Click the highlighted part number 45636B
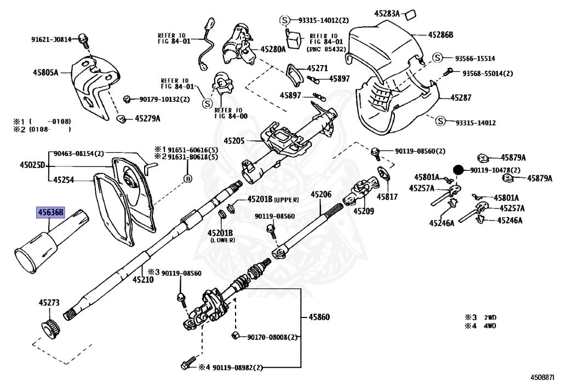(x=50, y=212)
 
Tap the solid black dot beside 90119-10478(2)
(x=458, y=170)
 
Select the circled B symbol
(x=187, y=178)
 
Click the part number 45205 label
(x=234, y=141)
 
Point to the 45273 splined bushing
(x=50, y=327)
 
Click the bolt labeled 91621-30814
(x=84, y=39)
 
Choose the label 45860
(x=319, y=317)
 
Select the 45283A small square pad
(x=410, y=15)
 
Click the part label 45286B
(x=440, y=34)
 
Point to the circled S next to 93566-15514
(x=438, y=57)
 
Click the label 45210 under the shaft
(x=143, y=280)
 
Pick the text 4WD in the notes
(x=490, y=326)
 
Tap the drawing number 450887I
(x=543, y=377)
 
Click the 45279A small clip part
(x=122, y=119)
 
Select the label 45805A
(x=45, y=73)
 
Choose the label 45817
(x=387, y=197)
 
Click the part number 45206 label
(x=321, y=194)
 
